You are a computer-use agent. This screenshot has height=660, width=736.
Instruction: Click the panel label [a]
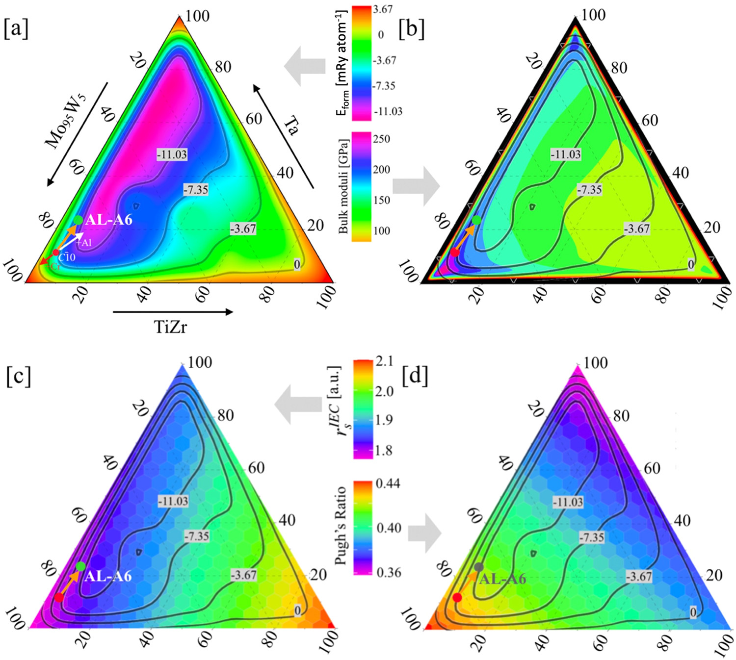pos(16,29)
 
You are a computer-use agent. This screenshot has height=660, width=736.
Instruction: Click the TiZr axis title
pos(171,327)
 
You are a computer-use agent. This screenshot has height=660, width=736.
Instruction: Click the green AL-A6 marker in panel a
pos(78,221)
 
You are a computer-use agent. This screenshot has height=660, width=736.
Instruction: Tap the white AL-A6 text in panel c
pos(108,576)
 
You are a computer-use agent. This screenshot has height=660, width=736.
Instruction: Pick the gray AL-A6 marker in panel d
pos(479,567)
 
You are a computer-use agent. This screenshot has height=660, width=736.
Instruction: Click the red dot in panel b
pos(455,253)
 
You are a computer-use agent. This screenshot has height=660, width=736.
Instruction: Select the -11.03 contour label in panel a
pos(172,154)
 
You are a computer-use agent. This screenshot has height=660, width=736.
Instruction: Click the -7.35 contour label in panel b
pos(589,190)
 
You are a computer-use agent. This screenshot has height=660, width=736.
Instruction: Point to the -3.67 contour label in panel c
pos(244,575)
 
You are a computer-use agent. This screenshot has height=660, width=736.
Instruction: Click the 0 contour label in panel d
pos(693,612)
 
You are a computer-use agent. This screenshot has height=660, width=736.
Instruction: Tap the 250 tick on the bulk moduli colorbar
pos(381,139)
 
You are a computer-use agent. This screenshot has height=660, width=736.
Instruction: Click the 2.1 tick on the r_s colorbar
pos(384,361)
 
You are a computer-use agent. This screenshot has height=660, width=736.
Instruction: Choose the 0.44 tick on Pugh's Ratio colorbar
pos(388,483)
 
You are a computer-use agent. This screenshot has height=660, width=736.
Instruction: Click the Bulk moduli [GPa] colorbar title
pos(343,186)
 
